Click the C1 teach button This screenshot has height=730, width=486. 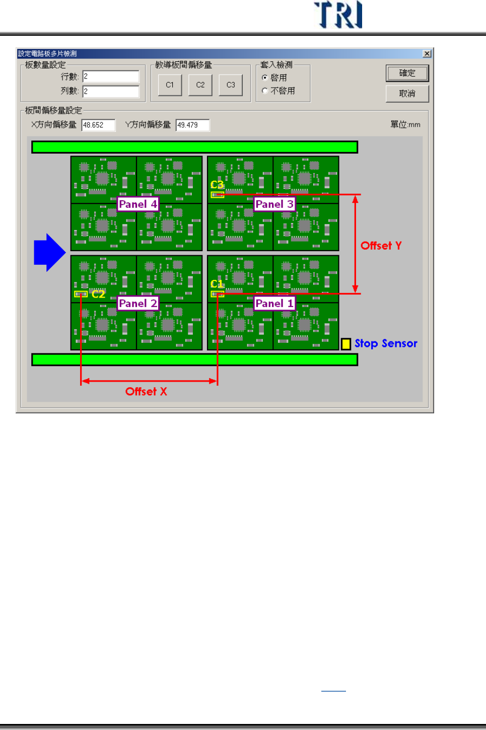pyautogui.click(x=170, y=85)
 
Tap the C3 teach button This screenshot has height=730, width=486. pyautogui.click(x=231, y=85)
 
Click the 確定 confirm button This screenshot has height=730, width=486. pyautogui.click(x=407, y=74)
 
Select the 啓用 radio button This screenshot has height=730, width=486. pyautogui.click(x=265, y=78)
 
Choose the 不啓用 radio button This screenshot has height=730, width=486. pyautogui.click(x=265, y=91)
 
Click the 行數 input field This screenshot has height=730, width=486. pyautogui.click(x=111, y=77)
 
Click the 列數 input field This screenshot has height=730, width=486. pyautogui.click(x=111, y=91)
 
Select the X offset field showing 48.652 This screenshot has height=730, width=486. pyautogui.click(x=98, y=125)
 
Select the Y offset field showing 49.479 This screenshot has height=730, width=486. pyautogui.click(x=192, y=125)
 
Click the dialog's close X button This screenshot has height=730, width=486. pyautogui.click(x=427, y=53)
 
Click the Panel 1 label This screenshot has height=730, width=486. pyautogui.click(x=274, y=304)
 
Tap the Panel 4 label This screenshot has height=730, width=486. pyautogui.click(x=137, y=204)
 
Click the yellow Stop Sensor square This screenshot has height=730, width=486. pyautogui.click(x=346, y=344)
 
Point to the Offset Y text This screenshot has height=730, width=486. pyautogui.click(x=381, y=246)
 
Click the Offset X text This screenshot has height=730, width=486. pyautogui.click(x=146, y=392)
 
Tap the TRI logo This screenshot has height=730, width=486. pyautogui.click(x=338, y=15)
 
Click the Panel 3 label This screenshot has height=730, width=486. pyautogui.click(x=274, y=204)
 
